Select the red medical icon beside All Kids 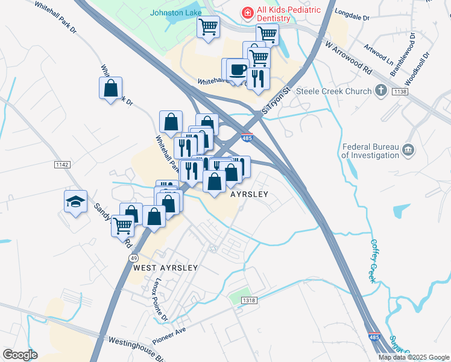pos(247,12)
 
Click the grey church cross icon pos(380,91)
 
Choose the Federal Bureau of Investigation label pos(370,150)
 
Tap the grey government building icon pos(408,149)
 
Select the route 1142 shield pos(61,164)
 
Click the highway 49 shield pos(133,258)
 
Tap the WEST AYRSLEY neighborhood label pos(165,267)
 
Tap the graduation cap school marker pos(76,202)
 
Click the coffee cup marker pos(238,69)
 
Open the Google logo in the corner pos(20,355)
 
